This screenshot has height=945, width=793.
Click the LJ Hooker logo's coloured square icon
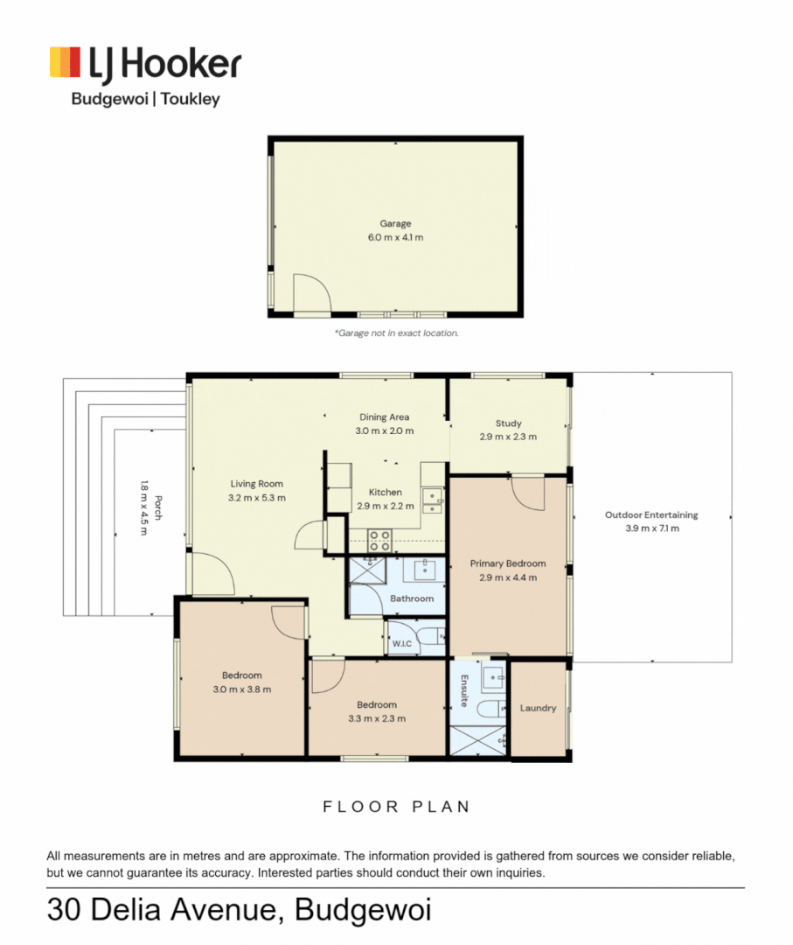pos(66,63)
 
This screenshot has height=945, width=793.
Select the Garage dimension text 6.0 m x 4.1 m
pos(395,237)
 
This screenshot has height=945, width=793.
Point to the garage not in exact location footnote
pos(396,333)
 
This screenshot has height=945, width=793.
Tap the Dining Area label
pos(384,417)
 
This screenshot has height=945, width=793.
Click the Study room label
pos(508,423)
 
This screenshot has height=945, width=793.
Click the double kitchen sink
pos(432,500)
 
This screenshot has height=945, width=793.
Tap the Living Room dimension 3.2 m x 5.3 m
pos(257,497)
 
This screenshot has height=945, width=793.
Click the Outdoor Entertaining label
pos(651,515)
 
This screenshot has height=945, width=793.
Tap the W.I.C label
pos(401,644)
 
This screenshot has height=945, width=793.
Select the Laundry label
pos(538,708)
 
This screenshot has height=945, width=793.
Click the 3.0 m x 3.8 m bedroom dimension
pos(241,689)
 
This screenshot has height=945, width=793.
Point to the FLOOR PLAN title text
pos(396,807)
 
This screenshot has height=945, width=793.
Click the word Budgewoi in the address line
pos(363,911)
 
